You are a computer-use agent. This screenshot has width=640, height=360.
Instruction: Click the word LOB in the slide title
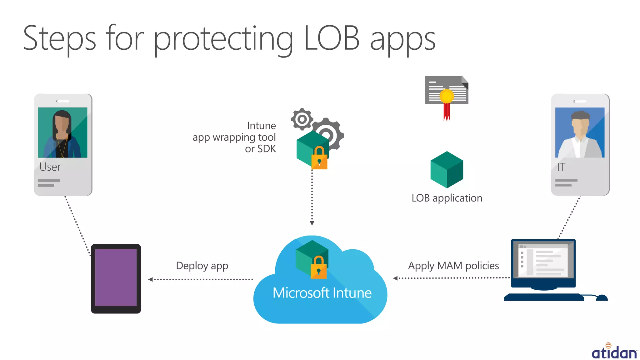332,38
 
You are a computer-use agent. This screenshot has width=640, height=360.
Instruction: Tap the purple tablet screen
116,277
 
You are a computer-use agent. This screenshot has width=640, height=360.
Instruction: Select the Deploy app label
202,266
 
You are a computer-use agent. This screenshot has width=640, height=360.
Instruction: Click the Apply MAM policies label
453,266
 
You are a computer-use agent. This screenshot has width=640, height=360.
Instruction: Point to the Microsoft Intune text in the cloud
322,293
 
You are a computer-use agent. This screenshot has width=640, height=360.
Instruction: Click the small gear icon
302,119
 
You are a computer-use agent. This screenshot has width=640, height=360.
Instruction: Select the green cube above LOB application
447,170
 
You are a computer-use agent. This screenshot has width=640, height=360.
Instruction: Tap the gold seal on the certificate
447,96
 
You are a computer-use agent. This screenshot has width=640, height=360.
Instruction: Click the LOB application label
447,198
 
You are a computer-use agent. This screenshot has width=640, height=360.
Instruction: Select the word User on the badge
50,167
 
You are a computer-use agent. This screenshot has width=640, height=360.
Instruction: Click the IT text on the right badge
561,167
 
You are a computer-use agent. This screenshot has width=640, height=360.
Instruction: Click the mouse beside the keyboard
602,297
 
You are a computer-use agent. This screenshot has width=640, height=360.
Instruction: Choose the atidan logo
614,352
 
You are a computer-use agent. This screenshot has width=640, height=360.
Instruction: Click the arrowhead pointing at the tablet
150,279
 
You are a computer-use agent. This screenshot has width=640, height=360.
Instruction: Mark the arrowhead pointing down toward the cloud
312,223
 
